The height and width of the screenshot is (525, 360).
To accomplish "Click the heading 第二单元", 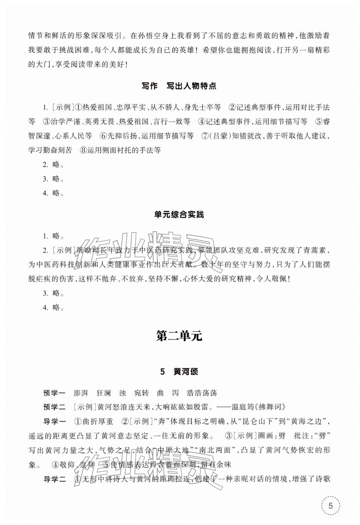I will point(179,336).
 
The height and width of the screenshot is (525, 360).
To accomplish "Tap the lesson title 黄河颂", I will point(185,372).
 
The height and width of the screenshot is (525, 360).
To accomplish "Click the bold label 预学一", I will point(54,393).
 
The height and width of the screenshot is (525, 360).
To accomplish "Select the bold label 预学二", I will point(54,407).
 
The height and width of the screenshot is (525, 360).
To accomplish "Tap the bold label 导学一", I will point(54,422).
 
